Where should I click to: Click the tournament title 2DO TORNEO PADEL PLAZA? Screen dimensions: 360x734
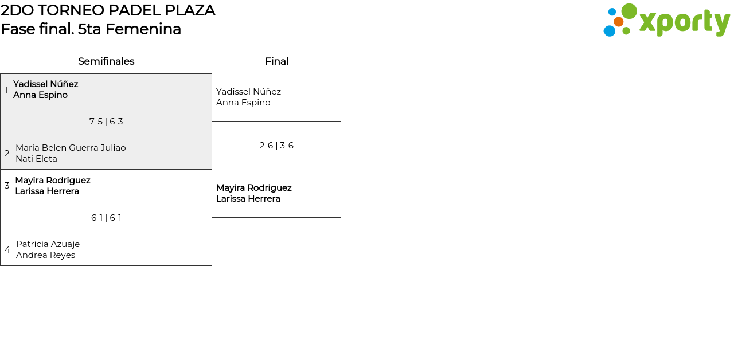(108, 10)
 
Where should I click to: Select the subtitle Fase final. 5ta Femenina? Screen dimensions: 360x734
(91, 29)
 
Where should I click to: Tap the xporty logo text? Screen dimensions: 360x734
(684, 22)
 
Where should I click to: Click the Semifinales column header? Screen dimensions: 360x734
(106, 61)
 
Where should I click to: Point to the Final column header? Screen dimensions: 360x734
(276, 61)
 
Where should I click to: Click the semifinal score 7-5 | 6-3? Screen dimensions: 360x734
(106, 122)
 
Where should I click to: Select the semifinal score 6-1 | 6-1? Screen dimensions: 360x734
(106, 218)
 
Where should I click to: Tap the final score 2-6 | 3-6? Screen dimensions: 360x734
(276, 146)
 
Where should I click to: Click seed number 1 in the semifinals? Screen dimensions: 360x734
(6, 90)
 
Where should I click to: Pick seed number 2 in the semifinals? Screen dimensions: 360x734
(7, 154)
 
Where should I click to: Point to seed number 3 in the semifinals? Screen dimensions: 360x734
(7, 186)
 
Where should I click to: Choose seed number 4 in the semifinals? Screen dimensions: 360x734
(7, 250)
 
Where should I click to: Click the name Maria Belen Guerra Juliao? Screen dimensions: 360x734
(71, 148)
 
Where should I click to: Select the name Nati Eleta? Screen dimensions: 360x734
(36, 159)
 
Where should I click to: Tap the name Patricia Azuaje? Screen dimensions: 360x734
(48, 244)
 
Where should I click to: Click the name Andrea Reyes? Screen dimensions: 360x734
(45, 255)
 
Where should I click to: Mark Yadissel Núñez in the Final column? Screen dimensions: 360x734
(248, 92)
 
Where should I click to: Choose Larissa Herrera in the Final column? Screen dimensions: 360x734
(248, 199)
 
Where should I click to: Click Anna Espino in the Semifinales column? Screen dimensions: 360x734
(40, 95)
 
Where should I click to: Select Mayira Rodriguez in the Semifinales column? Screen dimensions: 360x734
(53, 181)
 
